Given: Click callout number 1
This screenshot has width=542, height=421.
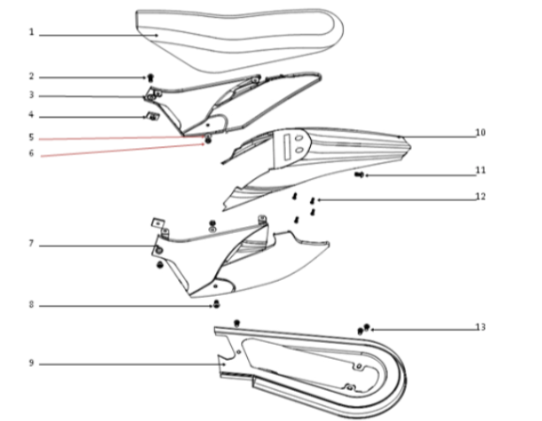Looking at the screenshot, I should pyautogui.click(x=31, y=33).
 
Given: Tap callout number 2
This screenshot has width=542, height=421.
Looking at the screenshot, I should pyautogui.click(x=31, y=76).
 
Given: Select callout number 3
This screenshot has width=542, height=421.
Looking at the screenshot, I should pyautogui.click(x=31, y=95).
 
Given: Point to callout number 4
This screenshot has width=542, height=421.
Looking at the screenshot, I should pyautogui.click(x=31, y=115).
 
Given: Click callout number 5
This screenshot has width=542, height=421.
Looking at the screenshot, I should pyautogui.click(x=31, y=137).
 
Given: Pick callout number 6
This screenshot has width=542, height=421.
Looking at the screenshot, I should pyautogui.click(x=31, y=153).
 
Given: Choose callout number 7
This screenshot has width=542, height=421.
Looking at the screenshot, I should pyautogui.click(x=31, y=243).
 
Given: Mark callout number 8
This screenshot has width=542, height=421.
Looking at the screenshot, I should pyautogui.click(x=31, y=306).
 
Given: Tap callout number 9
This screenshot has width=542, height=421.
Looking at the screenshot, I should pyautogui.click(x=31, y=363).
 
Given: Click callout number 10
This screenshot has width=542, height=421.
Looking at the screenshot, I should pyautogui.click(x=480, y=133).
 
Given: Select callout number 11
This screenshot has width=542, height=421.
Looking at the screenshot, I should pyautogui.click(x=480, y=169).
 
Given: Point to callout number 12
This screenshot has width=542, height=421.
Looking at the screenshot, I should pyautogui.click(x=480, y=197).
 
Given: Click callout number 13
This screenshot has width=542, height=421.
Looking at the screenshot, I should pyautogui.click(x=480, y=327).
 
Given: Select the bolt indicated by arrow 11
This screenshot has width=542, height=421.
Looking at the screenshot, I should pyautogui.click(x=360, y=175).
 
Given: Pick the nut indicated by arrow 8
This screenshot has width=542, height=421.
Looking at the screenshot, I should pyautogui.click(x=214, y=306).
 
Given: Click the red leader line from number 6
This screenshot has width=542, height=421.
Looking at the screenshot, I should pyautogui.click(x=115, y=148).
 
